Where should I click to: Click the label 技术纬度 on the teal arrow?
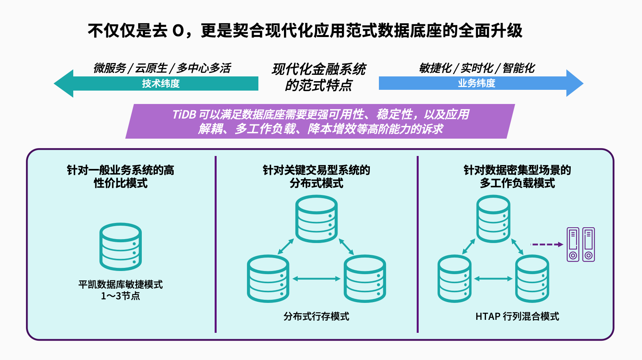(x=161, y=84)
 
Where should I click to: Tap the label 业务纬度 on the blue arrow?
(x=476, y=83)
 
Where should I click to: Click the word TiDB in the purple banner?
(x=184, y=115)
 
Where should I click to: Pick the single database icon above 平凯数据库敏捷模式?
(x=121, y=247)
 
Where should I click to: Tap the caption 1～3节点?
(x=121, y=296)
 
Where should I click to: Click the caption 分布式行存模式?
(x=316, y=316)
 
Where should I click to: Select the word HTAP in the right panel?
(x=488, y=316)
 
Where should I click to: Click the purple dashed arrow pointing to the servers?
(x=547, y=244)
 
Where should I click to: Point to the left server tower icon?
(x=573, y=245)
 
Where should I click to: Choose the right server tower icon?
(x=588, y=245)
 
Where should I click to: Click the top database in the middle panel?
(x=316, y=219)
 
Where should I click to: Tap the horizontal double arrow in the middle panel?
(x=316, y=278)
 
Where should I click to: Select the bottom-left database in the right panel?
(x=455, y=278)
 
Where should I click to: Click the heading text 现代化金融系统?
(x=319, y=69)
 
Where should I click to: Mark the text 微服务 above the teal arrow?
(x=109, y=68)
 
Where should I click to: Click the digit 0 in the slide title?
(x=178, y=31)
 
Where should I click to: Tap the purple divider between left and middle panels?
(x=215, y=244)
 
